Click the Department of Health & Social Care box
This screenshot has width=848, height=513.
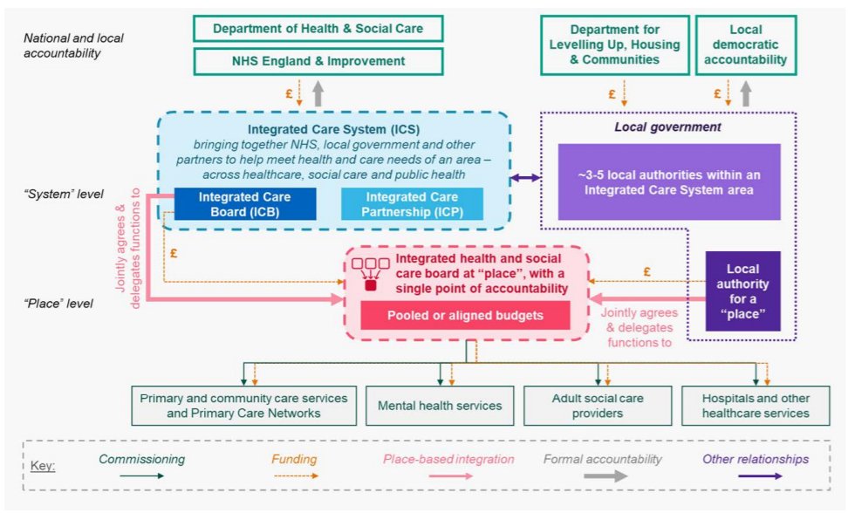click(318, 29)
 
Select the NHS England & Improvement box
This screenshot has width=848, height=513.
click(318, 61)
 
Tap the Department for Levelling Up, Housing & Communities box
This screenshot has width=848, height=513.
click(612, 44)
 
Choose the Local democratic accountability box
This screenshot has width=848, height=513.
click(745, 44)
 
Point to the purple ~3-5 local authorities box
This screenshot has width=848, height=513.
click(669, 181)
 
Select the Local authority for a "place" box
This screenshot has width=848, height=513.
click(742, 291)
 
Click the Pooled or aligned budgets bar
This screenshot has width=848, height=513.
click(466, 315)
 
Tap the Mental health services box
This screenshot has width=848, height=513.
click(440, 406)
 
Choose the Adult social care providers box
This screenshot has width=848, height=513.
click(598, 406)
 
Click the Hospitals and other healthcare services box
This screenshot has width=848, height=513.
click(756, 406)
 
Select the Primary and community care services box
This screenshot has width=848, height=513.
click(243, 406)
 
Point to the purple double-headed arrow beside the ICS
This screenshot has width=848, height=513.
click(525, 178)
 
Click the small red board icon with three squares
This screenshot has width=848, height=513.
click(370, 273)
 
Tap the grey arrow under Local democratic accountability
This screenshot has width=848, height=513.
click(745, 92)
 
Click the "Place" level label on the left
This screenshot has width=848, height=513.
click(59, 304)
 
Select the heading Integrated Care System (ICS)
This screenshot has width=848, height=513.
click(334, 128)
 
